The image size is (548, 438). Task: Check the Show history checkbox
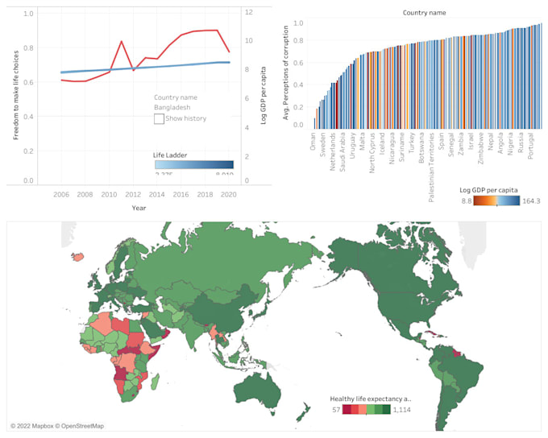159,118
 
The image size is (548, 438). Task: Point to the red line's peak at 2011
122,41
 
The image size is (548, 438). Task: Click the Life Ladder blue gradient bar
193,164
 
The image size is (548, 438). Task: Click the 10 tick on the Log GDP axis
250,40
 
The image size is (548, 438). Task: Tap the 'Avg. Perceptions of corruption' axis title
285,72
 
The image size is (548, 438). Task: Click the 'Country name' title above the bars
423,13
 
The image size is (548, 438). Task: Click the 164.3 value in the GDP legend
531,200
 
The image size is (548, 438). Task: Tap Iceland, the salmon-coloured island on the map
77,257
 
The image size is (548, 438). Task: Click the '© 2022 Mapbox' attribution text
36,425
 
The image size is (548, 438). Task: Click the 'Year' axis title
139,208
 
